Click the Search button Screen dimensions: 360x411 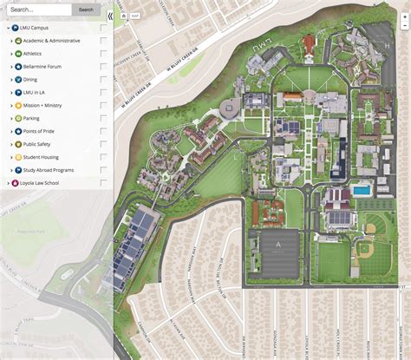[85, 10]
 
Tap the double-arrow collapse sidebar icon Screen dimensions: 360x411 [108, 16]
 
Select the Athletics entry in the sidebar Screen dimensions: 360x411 [38, 53]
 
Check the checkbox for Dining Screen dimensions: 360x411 [104, 79]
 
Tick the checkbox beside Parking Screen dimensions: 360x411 [104, 118]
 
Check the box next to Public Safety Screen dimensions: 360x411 [104, 144]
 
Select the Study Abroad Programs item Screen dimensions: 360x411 [54, 170]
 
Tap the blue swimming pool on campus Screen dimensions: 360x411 [361, 190]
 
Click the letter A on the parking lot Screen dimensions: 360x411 [278, 245]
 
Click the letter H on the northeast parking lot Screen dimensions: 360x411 [388, 43]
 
